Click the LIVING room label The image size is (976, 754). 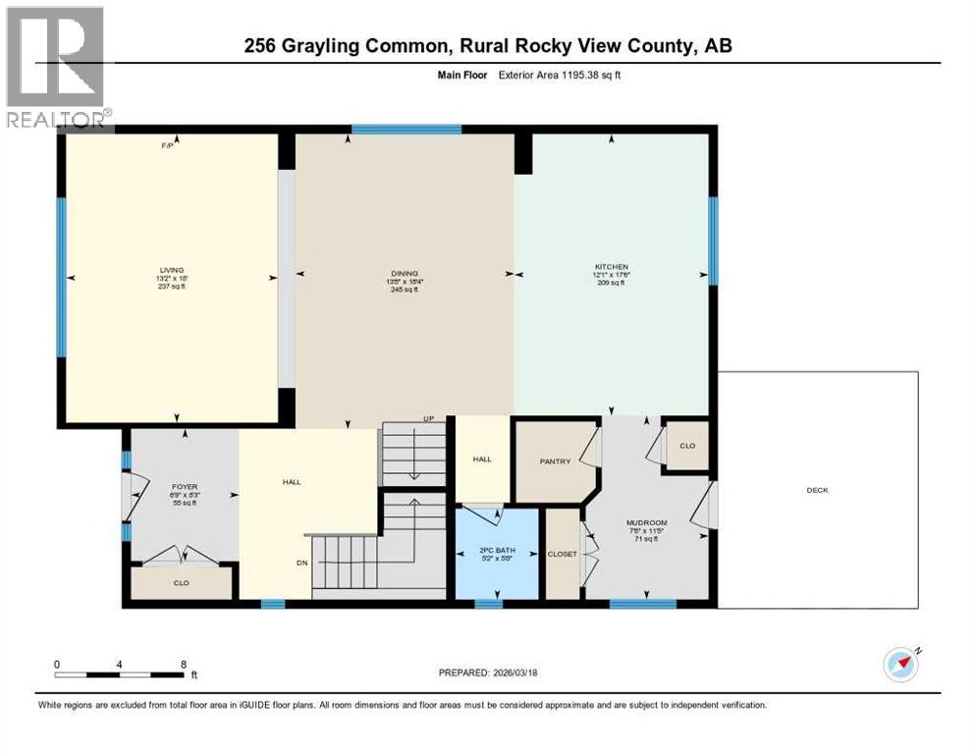(176, 270)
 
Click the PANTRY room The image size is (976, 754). (555, 461)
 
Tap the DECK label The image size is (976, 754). (817, 490)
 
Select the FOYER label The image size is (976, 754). (185, 485)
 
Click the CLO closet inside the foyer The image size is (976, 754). (182, 583)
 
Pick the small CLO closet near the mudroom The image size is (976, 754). (687, 446)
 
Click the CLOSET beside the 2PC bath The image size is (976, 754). (563, 554)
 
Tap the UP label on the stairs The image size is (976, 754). (428, 419)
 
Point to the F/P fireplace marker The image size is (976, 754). (168, 146)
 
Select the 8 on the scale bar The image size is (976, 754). (184, 664)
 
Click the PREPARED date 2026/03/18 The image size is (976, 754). (523, 673)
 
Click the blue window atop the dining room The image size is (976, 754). (407, 129)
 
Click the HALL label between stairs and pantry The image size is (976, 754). (481, 458)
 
